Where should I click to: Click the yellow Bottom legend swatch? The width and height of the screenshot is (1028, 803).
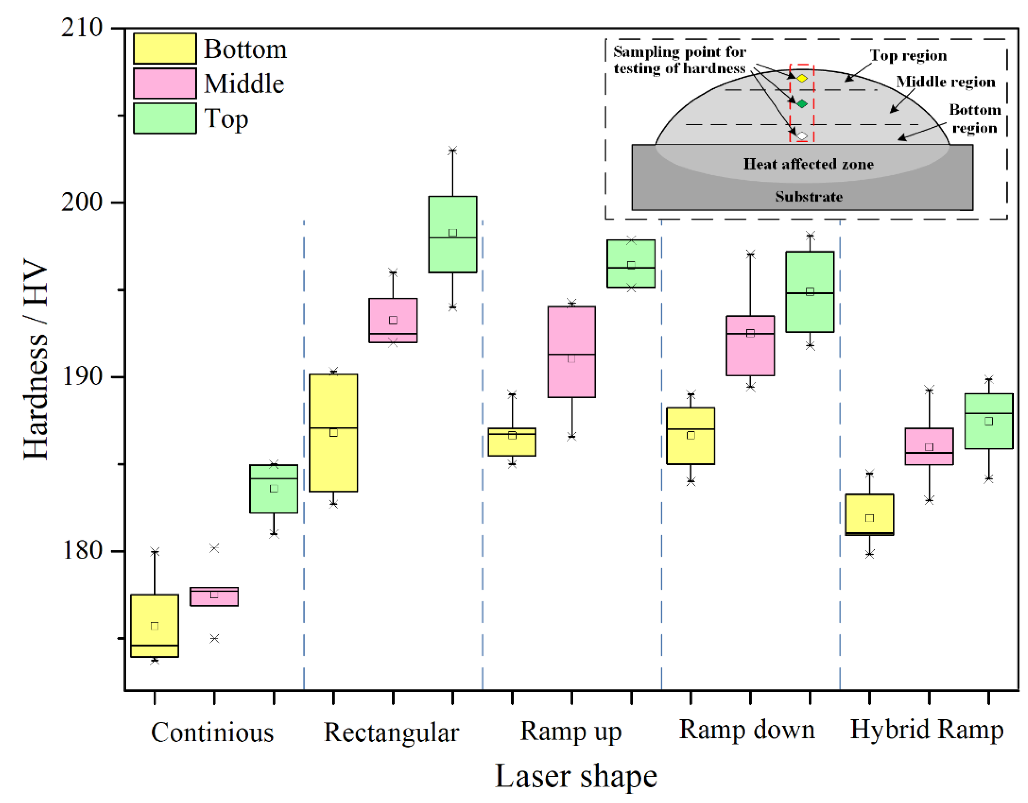pyautogui.click(x=164, y=48)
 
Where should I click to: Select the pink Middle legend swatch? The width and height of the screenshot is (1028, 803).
pyautogui.click(x=164, y=83)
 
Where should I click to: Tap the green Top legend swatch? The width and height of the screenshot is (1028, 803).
pyautogui.click(x=164, y=118)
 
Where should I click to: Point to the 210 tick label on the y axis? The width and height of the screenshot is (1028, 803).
pyautogui.click(x=81, y=28)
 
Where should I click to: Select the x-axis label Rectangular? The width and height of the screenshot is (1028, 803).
pyautogui.click(x=391, y=732)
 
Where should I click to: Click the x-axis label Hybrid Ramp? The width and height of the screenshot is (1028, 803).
pyautogui.click(x=927, y=730)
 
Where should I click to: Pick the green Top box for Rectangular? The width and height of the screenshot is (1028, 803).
pyautogui.click(x=452, y=234)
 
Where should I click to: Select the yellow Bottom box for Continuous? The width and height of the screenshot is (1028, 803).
pyautogui.click(x=154, y=626)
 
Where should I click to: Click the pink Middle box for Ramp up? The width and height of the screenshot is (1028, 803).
pyautogui.click(x=572, y=352)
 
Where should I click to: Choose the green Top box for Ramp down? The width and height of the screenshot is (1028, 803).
pyautogui.click(x=810, y=292)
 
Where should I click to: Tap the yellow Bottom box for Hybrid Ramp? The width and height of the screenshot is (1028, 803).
pyautogui.click(x=869, y=515)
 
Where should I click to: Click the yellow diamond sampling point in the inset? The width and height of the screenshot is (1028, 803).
pyautogui.click(x=802, y=78)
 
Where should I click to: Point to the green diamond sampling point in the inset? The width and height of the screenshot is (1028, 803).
pyautogui.click(x=802, y=104)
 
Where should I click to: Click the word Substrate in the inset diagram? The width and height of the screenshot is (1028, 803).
pyautogui.click(x=809, y=197)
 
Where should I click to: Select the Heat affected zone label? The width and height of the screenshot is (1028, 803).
pyautogui.click(x=808, y=164)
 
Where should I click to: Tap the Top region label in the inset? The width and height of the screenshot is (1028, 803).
pyautogui.click(x=908, y=56)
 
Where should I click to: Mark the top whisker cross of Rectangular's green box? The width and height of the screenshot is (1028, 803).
pyautogui.click(x=452, y=150)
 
